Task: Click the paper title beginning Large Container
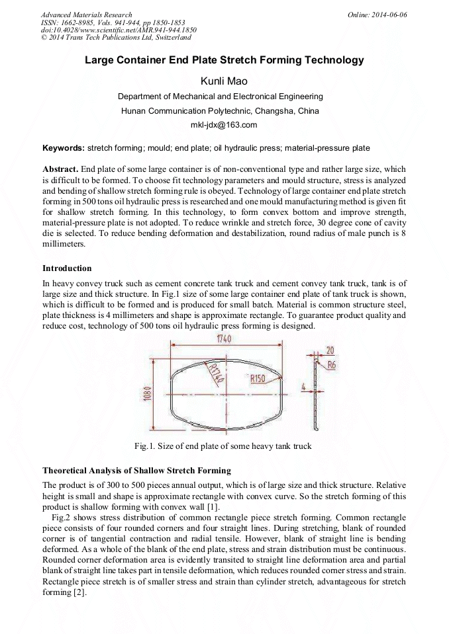(x=224, y=60)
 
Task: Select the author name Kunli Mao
(x=224, y=81)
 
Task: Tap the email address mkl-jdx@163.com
(x=224, y=125)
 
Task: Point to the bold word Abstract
(x=60, y=170)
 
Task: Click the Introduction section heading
(x=67, y=268)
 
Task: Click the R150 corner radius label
(x=259, y=379)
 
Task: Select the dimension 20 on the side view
(x=329, y=350)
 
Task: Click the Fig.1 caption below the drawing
(x=223, y=446)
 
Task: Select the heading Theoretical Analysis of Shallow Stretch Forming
(x=136, y=471)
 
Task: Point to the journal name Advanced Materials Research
(x=86, y=15)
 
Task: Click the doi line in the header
(x=119, y=30)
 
